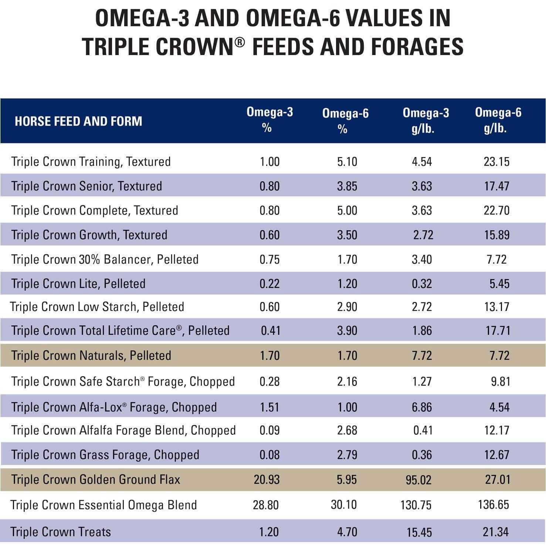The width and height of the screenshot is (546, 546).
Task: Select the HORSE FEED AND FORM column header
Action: coord(78,121)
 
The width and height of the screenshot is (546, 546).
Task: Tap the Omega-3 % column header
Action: coord(269,120)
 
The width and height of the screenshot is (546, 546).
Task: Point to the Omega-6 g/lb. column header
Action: coord(498,120)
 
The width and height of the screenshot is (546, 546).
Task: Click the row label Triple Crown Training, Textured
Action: coord(91,162)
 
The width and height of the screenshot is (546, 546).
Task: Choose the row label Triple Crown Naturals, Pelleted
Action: coord(91,356)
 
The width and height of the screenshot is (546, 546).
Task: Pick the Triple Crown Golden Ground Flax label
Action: coord(96,479)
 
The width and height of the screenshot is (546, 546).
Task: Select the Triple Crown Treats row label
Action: coord(61,532)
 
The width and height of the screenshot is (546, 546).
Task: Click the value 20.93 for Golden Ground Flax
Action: coord(267,479)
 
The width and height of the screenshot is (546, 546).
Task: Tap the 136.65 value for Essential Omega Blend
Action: coord(494,505)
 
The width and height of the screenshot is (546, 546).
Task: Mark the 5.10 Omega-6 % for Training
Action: coord(347,162)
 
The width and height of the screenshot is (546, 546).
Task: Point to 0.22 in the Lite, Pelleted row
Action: coord(269,284)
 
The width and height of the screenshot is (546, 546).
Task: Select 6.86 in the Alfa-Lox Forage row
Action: coord(422,407)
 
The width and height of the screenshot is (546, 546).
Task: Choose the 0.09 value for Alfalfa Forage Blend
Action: coord(269,430)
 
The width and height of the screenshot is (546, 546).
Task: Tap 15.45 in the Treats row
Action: coord(419,532)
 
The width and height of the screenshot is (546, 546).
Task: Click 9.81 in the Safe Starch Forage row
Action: coord(501,381)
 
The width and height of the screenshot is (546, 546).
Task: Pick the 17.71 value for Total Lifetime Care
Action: coord(498,330)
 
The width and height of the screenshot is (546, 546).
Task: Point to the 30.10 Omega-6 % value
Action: coord(344,505)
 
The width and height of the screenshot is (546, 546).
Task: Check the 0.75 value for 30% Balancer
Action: coord(269,260)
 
